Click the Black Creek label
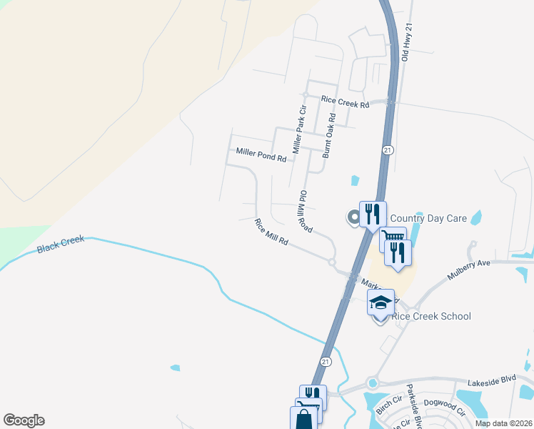pos(60,245)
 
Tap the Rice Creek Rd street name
pos(345,103)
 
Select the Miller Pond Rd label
pos(261,154)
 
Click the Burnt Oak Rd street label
pos(328,135)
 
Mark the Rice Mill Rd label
pos(271,232)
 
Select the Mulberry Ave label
pos(469,270)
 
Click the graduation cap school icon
pos(381,302)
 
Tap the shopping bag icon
pos(303,418)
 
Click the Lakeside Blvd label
pos(490,383)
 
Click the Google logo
pos(24,420)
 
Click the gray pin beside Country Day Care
pos(353,217)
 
